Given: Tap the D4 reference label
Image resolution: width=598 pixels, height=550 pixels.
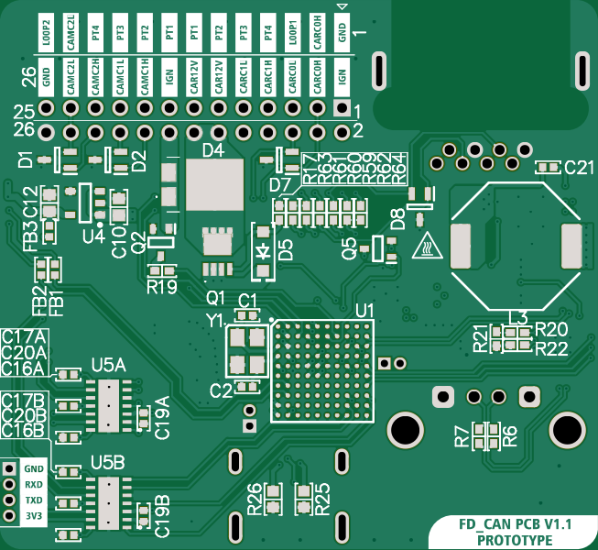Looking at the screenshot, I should pyautogui.click(x=212, y=149).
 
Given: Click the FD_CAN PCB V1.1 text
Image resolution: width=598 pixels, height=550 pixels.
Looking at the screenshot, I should pyautogui.click(x=515, y=524).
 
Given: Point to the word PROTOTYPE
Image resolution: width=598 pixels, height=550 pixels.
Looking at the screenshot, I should pyautogui.click(x=515, y=540).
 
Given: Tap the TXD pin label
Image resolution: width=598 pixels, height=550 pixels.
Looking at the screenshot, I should pyautogui.click(x=34, y=500).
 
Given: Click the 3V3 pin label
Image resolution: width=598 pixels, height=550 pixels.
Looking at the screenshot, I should pyautogui.click(x=34, y=516).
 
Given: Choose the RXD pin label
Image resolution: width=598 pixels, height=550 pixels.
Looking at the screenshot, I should pyautogui.click(x=34, y=484).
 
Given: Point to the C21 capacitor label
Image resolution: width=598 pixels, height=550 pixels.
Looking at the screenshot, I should pyautogui.click(x=580, y=167).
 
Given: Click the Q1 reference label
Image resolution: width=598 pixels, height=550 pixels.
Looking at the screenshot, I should pyautogui.click(x=216, y=298).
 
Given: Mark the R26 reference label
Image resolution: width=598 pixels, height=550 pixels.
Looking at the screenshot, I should pyautogui.click(x=255, y=500).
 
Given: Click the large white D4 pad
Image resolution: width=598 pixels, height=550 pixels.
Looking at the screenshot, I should pyautogui.click(x=215, y=185).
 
